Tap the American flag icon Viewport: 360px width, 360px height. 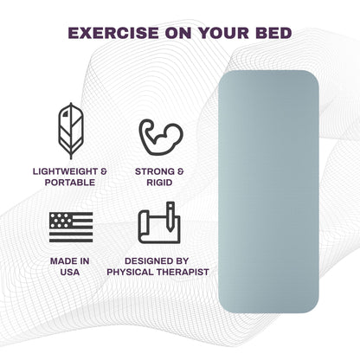pyautogui.click(x=71, y=226)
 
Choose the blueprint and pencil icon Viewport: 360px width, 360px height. pyautogui.click(x=160, y=223)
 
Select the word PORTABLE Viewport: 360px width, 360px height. pyautogui.click(x=71, y=183)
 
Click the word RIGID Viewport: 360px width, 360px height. pyautogui.click(x=160, y=183)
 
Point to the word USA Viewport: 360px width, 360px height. pyautogui.click(x=71, y=271)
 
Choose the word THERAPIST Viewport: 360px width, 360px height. pyautogui.click(x=185, y=271)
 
